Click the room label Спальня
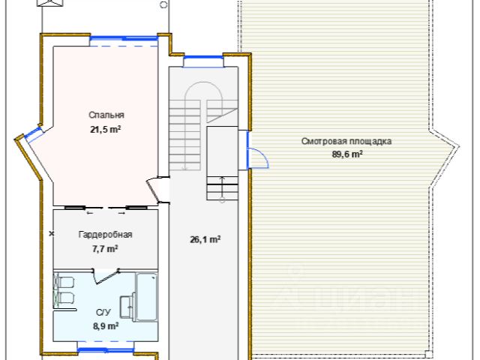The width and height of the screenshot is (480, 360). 106,115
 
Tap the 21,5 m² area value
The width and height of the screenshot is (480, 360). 106,130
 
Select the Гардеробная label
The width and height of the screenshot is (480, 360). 106,235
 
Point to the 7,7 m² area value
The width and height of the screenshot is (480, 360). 105,248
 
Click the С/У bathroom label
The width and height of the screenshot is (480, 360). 103,313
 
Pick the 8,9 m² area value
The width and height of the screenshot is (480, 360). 106,326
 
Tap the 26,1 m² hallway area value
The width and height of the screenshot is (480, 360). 205,239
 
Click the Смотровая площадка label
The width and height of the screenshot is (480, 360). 346,142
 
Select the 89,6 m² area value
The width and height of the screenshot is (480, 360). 347,154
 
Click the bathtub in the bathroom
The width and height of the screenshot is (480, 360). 147,297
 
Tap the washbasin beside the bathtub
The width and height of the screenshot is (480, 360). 127,306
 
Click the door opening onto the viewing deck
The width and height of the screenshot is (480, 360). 258,157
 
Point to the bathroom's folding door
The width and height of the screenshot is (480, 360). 106,276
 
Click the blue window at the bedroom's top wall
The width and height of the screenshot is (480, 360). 124,38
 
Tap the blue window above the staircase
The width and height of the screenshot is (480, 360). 203,58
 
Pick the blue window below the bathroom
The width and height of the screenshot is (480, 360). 106,350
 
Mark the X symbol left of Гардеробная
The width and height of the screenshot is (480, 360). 52,234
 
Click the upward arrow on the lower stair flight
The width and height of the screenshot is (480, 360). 222,188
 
